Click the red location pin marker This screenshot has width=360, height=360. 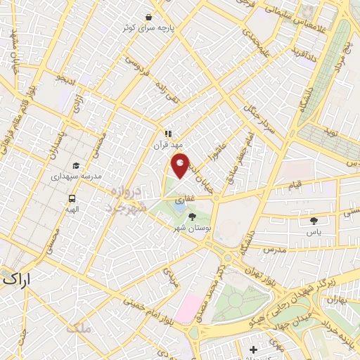tap(181, 165)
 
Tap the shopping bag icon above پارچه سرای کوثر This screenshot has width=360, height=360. tap(149, 17)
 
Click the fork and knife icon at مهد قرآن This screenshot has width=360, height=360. tap(167, 133)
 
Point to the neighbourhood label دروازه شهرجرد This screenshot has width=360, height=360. tap(128, 199)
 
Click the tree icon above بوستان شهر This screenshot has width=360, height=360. tap(193, 217)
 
